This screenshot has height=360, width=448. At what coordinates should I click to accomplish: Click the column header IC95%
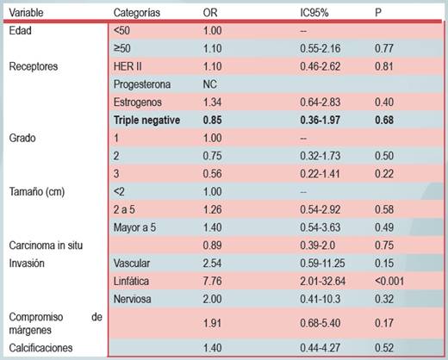click(314, 13)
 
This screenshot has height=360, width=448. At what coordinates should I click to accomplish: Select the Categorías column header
click(137, 13)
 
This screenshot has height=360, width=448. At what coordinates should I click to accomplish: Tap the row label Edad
click(20, 30)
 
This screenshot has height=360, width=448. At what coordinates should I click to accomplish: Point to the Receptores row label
click(34, 66)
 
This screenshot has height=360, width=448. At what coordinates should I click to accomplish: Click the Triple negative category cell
click(146, 120)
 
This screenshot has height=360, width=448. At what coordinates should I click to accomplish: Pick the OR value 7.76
click(212, 281)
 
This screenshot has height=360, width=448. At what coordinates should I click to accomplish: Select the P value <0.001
click(389, 281)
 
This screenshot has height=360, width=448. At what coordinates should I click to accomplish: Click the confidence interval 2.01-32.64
click(322, 281)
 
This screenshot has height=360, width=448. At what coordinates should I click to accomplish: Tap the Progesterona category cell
click(142, 84)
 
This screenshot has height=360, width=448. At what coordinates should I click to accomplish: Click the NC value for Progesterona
click(209, 84)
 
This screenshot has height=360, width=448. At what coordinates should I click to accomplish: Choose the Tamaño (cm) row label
click(37, 191)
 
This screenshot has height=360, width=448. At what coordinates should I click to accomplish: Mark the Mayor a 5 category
click(134, 227)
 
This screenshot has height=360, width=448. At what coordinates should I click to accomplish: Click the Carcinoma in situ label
click(46, 245)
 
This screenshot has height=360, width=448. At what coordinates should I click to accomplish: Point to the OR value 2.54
click(212, 264)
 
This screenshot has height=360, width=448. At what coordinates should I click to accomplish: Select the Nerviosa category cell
click(132, 299)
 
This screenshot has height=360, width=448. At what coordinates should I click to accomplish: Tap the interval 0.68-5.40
click(320, 323)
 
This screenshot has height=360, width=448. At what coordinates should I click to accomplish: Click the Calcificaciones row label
click(40, 348)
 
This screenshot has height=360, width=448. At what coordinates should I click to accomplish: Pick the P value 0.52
click(384, 348)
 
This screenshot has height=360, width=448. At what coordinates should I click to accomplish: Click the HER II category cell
click(128, 66)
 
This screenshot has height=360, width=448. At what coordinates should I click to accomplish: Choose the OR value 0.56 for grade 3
click(212, 174)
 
